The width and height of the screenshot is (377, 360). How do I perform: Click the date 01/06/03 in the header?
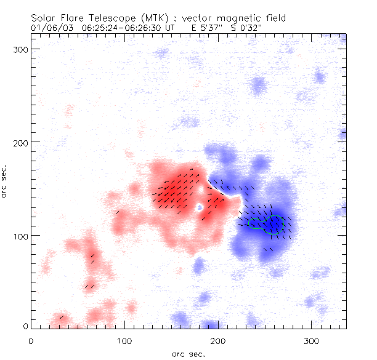(x=47, y=28)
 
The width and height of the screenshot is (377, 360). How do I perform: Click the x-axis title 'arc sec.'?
(x=188, y=354)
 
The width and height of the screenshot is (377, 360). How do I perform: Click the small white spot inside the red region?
(x=200, y=208)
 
